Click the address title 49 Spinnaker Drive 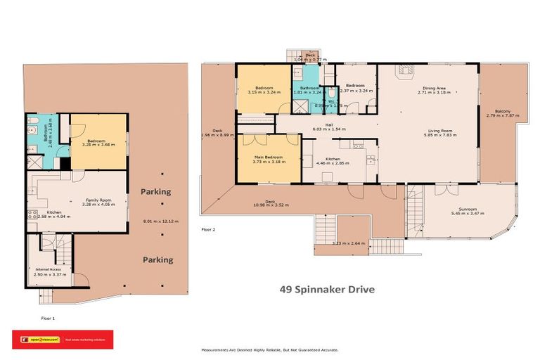click(x=327, y=289)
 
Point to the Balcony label click(x=502, y=111)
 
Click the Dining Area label click(x=432, y=87)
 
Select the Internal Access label click(x=49, y=269)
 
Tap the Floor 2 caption click(x=209, y=229)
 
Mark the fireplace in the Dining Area click(x=403, y=70)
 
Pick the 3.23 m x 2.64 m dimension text click(x=349, y=244)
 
